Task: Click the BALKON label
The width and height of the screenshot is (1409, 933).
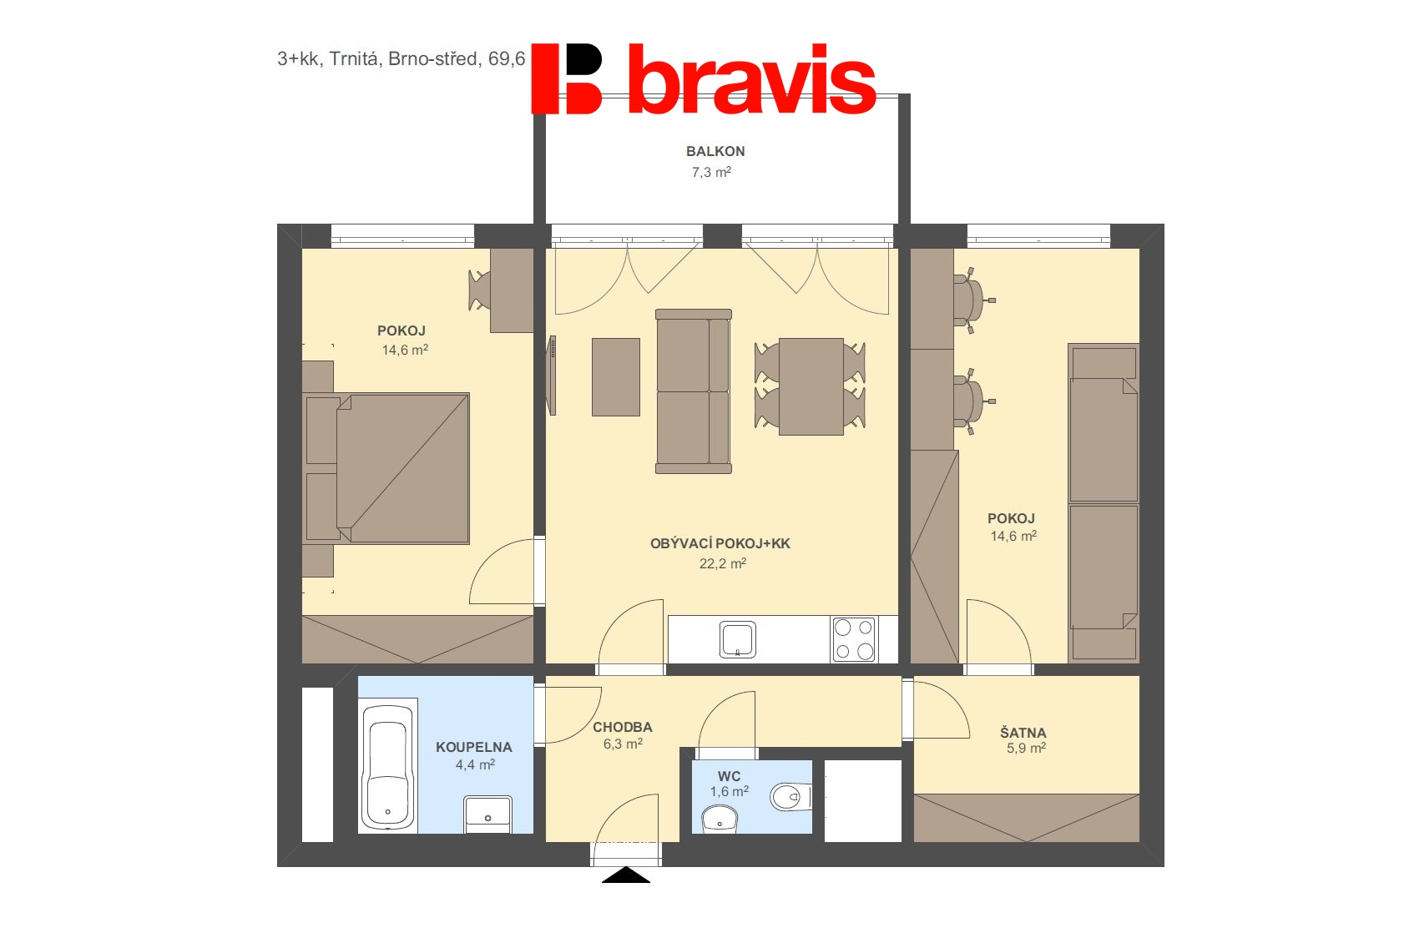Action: (715, 152)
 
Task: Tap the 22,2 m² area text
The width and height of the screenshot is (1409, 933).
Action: (723, 563)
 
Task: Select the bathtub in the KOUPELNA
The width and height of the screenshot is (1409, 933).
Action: (387, 766)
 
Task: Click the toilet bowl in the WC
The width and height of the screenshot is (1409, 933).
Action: (790, 797)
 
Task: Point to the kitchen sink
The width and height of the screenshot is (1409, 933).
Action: (737, 639)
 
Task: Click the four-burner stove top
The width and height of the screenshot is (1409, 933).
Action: (854, 639)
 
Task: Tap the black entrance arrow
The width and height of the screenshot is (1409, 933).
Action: (626, 875)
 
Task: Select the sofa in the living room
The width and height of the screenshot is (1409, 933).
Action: (693, 391)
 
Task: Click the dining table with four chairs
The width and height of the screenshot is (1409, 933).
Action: (811, 386)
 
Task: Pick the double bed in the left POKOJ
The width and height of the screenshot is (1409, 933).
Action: (386, 468)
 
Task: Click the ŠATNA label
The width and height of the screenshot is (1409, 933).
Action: (1023, 733)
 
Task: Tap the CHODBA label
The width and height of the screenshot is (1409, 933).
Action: (623, 728)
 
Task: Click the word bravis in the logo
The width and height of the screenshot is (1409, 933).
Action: (752, 79)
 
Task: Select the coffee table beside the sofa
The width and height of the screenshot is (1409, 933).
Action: (616, 377)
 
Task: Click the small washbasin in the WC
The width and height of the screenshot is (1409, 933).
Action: (720, 820)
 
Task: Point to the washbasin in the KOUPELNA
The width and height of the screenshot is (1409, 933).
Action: (487, 814)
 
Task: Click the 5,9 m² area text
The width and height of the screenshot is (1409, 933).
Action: (1026, 749)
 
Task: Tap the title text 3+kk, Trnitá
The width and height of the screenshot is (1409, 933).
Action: (328, 59)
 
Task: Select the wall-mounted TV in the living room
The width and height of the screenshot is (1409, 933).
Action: (553, 376)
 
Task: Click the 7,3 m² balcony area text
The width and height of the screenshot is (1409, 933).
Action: (711, 172)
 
